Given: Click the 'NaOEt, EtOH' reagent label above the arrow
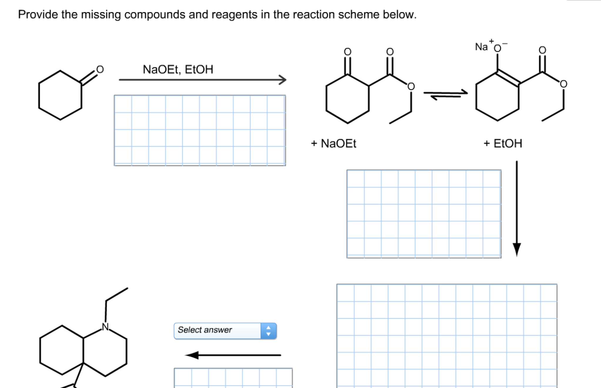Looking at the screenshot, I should (x=178, y=70).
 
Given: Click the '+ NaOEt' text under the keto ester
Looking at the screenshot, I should (x=333, y=144).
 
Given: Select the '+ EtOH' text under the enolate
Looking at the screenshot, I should (x=503, y=144).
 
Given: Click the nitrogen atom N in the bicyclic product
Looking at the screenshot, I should (x=105, y=327).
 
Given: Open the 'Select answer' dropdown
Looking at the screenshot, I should (x=217, y=330).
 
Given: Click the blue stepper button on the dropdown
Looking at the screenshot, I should (x=268, y=331).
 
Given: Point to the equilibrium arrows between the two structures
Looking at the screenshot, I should (x=445, y=95).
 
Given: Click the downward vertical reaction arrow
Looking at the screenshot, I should (x=517, y=208).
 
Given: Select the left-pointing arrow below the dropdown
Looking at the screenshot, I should (x=233, y=355).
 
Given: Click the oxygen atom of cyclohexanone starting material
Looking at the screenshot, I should (x=100, y=70).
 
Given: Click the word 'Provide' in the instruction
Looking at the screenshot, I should (x=38, y=14).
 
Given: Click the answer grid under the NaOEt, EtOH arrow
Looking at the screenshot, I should (x=200, y=130).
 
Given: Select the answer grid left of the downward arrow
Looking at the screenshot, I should (x=424, y=214).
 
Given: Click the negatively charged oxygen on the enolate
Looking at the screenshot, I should (x=498, y=48).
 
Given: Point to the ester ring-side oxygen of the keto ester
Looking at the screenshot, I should (x=411, y=86).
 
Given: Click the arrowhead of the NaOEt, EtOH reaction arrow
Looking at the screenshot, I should (x=283, y=80).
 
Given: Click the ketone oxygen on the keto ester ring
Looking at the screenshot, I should (x=347, y=52).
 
